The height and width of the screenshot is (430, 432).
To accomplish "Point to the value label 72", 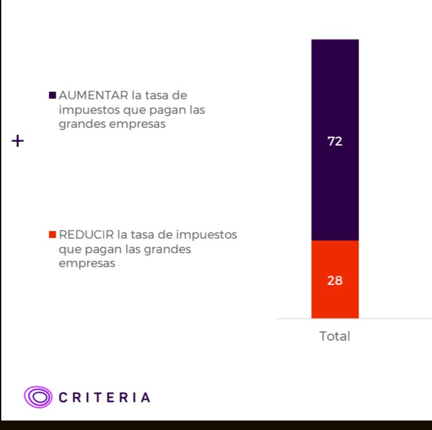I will [x=334, y=142].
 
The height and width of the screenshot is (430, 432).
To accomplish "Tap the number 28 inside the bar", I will [x=334, y=280].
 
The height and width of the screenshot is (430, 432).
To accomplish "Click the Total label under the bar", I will [x=334, y=336].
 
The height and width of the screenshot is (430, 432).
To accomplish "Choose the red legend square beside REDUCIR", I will [x=53, y=235].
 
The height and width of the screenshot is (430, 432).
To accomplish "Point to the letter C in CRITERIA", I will [x=63, y=398].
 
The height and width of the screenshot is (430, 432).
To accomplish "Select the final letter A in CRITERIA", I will [x=146, y=398].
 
